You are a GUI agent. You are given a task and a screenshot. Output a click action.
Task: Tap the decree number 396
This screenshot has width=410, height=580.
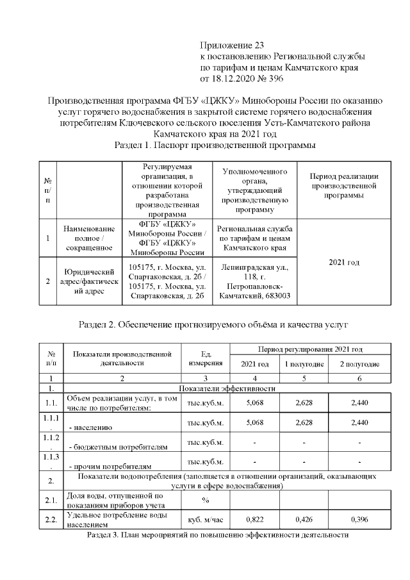(x=282, y=79)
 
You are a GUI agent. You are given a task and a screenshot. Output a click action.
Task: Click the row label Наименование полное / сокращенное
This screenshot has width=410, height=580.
(x=89, y=238)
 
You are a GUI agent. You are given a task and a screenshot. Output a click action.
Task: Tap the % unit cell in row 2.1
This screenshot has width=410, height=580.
(x=205, y=500)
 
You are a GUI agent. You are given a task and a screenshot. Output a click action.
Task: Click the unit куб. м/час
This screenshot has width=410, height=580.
(x=205, y=520)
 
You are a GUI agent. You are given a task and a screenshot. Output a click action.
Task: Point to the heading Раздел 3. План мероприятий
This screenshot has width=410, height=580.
(x=217, y=534)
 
